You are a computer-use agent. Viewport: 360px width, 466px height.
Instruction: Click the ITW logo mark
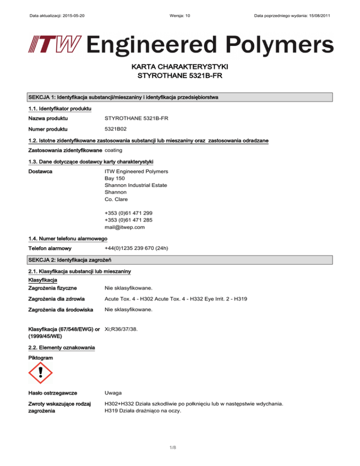click(x=52, y=45)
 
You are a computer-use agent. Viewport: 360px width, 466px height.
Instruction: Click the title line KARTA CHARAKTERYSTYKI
click(x=180, y=68)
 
